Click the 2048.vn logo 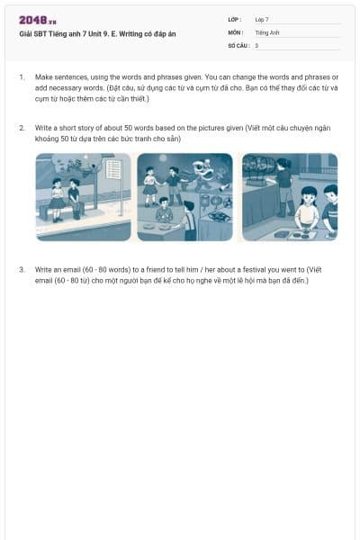tap(38, 20)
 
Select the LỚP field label tap(235, 19)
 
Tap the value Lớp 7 tap(262, 19)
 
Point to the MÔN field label tap(236, 31)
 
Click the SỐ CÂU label tap(238, 44)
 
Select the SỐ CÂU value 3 tap(256, 44)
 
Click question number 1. tap(21, 77)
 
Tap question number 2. tap(21, 128)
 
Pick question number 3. tap(21, 269)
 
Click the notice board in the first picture tap(113, 169)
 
